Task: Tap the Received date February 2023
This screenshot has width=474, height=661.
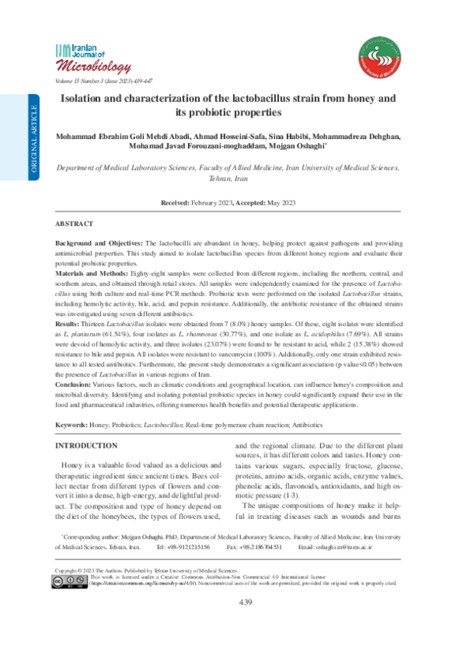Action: [x=211, y=203]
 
